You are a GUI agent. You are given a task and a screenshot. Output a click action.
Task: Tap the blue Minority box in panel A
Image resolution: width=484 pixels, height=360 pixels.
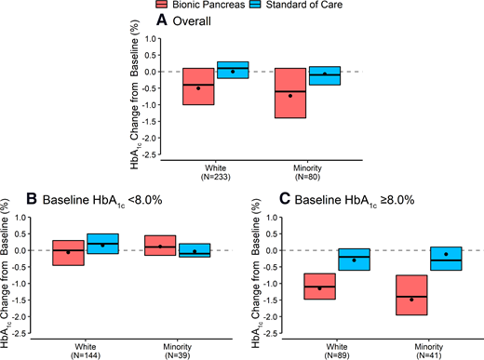(x=325, y=75)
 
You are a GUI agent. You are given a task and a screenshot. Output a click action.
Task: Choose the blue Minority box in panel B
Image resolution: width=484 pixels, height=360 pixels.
(x=195, y=249)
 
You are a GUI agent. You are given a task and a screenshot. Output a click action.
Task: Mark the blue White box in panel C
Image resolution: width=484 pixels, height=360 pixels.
(x=354, y=260)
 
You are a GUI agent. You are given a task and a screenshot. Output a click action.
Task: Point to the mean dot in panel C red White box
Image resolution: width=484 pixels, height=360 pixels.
(x=319, y=288)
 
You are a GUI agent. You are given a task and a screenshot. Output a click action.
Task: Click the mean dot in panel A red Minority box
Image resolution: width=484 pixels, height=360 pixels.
(x=290, y=96)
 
